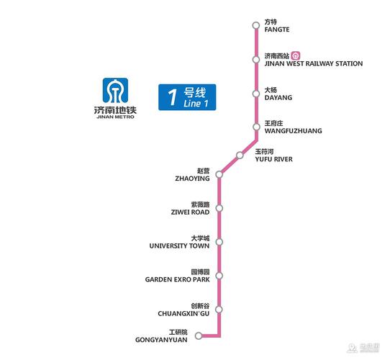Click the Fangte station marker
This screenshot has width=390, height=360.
(255, 26)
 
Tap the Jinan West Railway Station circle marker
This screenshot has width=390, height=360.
(255, 60)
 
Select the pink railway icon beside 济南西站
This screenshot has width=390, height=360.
(305, 55)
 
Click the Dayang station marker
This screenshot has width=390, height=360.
(255, 94)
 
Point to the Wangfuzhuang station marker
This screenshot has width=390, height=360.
(255, 127)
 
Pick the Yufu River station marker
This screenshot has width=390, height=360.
(240, 155)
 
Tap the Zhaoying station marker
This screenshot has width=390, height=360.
(219, 174)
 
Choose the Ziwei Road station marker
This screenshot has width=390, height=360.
(219, 208)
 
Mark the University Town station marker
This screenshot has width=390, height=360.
(219, 242)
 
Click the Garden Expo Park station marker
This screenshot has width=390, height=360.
(219, 276)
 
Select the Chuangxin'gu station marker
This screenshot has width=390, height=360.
(219, 310)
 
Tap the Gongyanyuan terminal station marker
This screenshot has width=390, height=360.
(198, 335)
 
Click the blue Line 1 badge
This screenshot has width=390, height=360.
(187, 97)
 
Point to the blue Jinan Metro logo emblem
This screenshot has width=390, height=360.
(114, 91)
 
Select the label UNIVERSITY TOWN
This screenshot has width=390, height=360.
(179, 246)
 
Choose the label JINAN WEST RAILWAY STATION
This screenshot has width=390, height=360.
(313, 64)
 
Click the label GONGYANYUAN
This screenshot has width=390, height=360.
(161, 339)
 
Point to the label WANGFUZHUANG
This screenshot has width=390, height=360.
(293, 131)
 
